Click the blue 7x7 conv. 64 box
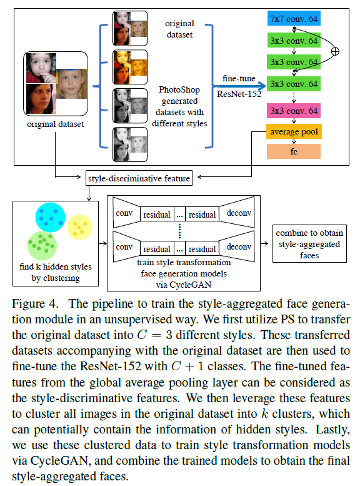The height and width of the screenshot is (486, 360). pos(293,19)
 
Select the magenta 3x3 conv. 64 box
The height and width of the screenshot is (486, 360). pos(293,111)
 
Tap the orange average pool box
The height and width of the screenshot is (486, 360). pos(293,132)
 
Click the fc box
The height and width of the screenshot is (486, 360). pos(293,151)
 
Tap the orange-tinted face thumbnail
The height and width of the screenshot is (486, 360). pos(130,64)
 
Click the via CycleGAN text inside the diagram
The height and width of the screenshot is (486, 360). pos(180,281)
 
